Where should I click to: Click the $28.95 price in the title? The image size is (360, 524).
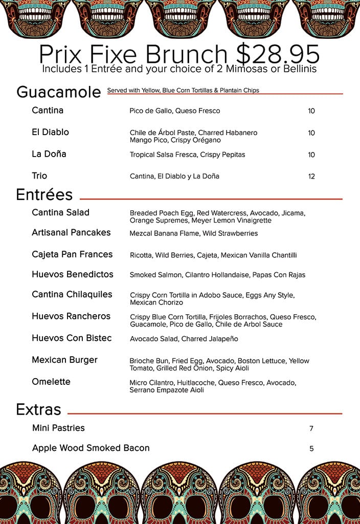(x=277, y=53)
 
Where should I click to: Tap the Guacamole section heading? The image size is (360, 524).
(x=58, y=92)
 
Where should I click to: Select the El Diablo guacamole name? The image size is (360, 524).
(x=50, y=132)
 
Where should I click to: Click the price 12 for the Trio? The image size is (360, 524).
(x=311, y=177)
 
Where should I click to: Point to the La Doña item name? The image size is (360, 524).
(x=49, y=154)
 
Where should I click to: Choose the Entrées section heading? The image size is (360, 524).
(x=44, y=195)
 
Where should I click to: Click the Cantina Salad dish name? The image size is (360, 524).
(x=60, y=212)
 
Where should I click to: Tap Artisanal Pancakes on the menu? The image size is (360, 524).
(x=71, y=232)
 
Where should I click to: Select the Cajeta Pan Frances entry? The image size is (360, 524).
(x=72, y=254)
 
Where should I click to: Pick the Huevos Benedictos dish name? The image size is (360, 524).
(x=73, y=274)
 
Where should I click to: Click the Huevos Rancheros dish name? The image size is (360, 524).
(x=71, y=316)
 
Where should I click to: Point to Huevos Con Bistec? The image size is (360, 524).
(x=72, y=338)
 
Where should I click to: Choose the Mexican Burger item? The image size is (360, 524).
(x=64, y=360)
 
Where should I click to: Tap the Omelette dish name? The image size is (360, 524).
(x=51, y=382)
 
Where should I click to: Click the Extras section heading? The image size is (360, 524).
(x=38, y=409)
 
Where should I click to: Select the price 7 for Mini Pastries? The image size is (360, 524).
(x=311, y=429)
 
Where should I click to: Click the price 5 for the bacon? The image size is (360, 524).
(x=311, y=449)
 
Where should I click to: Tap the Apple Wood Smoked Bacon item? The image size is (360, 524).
(x=91, y=448)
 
